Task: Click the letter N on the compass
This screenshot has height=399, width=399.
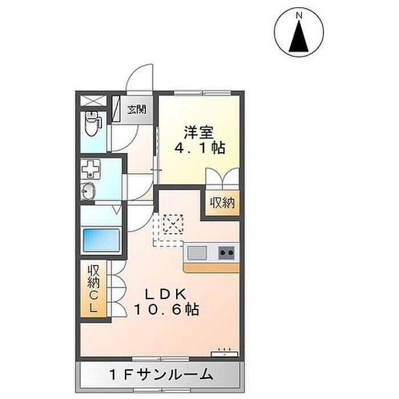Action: tap(299, 15)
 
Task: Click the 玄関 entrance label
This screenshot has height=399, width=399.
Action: tap(137, 109)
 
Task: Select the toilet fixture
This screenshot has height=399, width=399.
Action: tap(92, 124)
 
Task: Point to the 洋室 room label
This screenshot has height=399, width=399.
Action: tap(199, 132)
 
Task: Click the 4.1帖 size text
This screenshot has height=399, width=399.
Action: tap(199, 148)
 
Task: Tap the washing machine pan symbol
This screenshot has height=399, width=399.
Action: tap(91, 168)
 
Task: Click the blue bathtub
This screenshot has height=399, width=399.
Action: tap(101, 240)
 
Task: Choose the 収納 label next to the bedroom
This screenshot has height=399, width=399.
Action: tap(222, 203)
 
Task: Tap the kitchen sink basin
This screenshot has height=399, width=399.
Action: tap(197, 253)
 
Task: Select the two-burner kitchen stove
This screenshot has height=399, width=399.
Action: tap(226, 253)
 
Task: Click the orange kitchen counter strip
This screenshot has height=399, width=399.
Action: tap(211, 268)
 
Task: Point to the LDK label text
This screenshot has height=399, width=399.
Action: tap(166, 294)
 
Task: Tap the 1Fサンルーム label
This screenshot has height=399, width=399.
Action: tap(161, 374)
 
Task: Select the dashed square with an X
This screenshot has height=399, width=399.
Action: tap(173, 224)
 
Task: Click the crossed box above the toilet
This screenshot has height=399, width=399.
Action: tap(93, 100)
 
